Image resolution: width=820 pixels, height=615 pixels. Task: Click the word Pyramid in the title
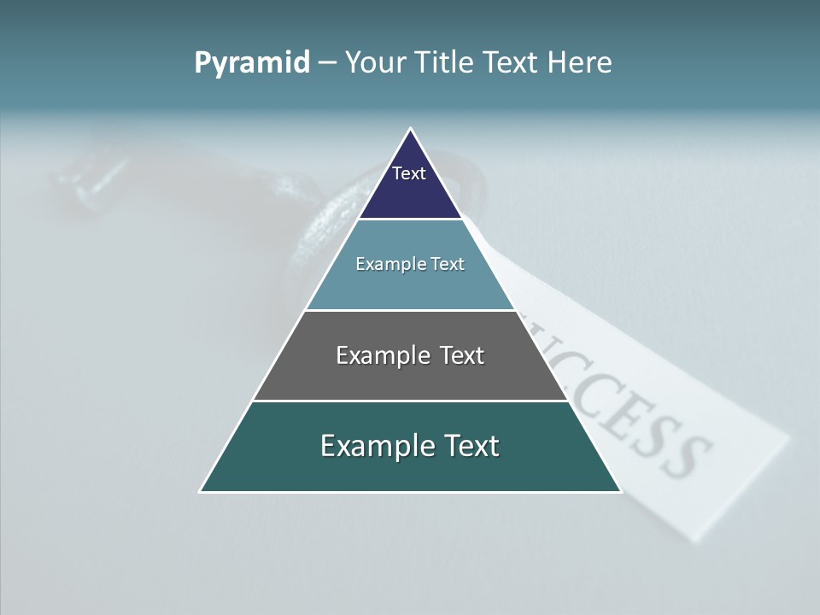coord(251,63)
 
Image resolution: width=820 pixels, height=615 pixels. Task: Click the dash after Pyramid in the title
coord(327,63)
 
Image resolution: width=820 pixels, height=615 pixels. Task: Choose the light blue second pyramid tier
coord(410,286)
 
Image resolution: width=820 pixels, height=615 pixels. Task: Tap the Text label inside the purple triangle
coord(409,173)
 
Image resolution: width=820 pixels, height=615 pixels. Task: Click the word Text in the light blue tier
coord(448,264)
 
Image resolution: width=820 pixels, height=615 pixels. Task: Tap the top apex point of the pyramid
coord(410,130)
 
